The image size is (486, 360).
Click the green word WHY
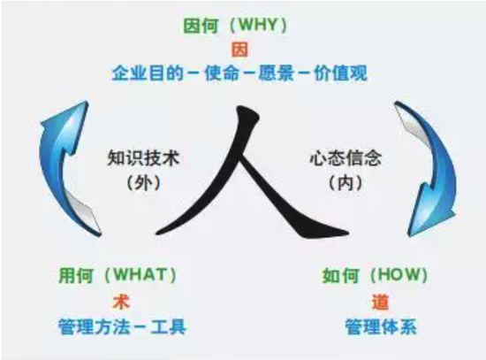(258, 25)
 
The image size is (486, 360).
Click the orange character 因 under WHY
(240, 50)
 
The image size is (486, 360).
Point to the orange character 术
(122, 302)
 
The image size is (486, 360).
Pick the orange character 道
(380, 302)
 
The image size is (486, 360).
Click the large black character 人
(252, 173)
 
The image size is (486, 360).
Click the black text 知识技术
(143, 158)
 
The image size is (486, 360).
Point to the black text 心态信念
(346, 158)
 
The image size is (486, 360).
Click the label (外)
(143, 183)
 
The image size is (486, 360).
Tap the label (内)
(346, 183)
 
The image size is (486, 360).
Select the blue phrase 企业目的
(148, 73)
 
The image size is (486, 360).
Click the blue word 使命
(222, 73)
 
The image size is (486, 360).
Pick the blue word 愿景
(277, 73)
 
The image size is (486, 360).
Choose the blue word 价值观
(340, 73)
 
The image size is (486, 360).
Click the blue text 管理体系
(381, 326)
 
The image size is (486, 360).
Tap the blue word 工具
(169, 326)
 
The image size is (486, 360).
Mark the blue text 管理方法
(95, 326)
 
